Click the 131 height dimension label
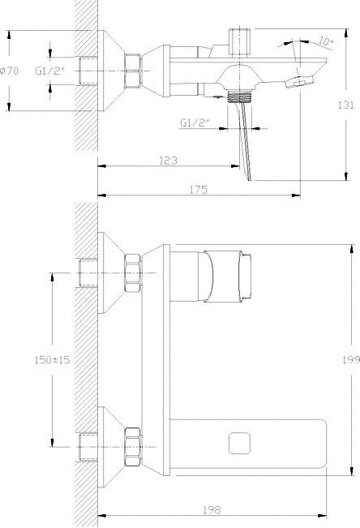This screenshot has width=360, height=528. tap(346, 105)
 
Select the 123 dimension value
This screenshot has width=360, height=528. tap(168, 161)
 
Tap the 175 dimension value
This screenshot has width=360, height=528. tap(199, 190)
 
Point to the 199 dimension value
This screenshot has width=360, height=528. tap(351, 359)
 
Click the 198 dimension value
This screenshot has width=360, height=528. tap(212, 510)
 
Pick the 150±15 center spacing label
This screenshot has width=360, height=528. tap(52, 359)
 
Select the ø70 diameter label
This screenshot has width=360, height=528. tap(10, 71)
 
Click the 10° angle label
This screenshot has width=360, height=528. tap(325, 41)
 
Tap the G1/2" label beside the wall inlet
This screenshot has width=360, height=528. tap(49, 71)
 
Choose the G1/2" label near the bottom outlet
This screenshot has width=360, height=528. tap(195, 122)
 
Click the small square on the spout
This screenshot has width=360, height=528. tap(239, 443)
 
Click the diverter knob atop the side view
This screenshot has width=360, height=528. tap(240, 41)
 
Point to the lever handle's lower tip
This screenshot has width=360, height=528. tap(249, 179)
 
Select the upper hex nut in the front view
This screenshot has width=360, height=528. tap(132, 273)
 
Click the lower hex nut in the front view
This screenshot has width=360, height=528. tap(132, 447)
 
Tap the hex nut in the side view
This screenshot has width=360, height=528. tap(132, 71)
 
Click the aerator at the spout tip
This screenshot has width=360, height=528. tap(300, 82)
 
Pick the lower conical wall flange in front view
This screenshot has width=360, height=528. tap(111, 447)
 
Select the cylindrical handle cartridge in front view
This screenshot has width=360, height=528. tap(228, 277)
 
